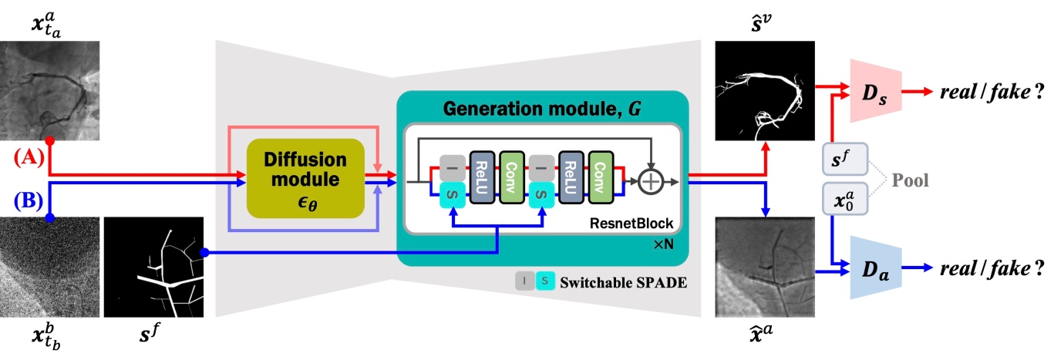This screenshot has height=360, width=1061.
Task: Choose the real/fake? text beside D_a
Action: click(986, 268)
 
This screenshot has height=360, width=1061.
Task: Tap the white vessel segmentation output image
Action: click(764, 91)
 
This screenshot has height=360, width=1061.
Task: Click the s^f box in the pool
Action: click(846, 160)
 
